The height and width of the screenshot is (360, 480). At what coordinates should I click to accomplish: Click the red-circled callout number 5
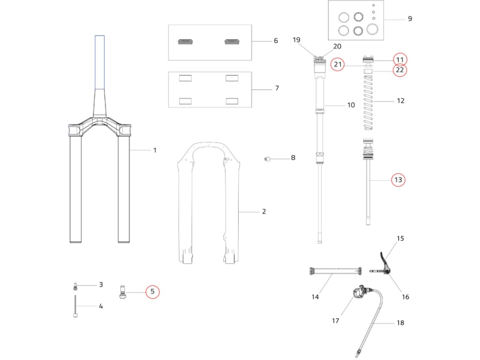click(152, 291)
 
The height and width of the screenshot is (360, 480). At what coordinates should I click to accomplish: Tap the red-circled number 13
click(398, 180)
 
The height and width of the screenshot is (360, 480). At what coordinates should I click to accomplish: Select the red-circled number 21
click(338, 64)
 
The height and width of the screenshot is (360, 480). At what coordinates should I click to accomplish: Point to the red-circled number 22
click(400, 70)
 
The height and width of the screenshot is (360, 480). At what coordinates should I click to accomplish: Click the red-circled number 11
click(400, 60)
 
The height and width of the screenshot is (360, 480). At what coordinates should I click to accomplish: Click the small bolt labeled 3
click(75, 287)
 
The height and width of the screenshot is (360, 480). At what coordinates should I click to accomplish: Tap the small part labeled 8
click(267, 158)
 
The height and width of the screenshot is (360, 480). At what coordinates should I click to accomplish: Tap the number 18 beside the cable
click(400, 323)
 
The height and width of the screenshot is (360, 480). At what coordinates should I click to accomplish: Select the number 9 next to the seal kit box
click(409, 19)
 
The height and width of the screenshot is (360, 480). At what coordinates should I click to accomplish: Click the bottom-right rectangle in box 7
click(232, 101)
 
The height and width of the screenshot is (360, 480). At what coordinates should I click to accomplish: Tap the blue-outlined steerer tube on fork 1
click(99, 62)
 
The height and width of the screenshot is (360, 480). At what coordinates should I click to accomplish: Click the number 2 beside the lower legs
click(264, 212)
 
